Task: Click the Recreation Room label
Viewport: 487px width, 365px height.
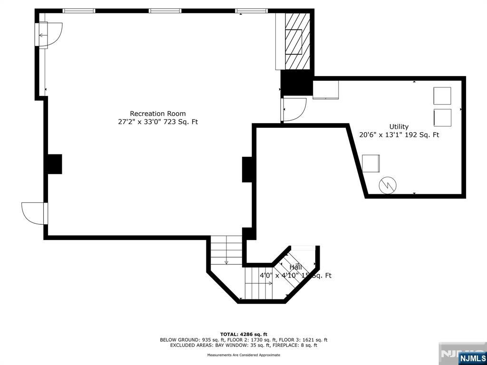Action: pos(158,114)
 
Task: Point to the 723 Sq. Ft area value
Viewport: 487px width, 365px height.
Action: pos(182,122)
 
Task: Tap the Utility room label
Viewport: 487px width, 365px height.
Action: pos(399,126)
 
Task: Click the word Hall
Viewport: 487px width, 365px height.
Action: pos(295,268)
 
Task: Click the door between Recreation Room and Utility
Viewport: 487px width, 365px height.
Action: pos(293,110)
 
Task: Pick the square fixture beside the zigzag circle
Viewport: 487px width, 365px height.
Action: pos(370,163)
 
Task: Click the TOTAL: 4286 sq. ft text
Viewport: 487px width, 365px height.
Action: pos(243,334)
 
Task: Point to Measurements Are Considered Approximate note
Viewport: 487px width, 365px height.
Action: pos(243,355)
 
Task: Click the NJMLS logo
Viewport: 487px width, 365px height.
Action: pos(472,358)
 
